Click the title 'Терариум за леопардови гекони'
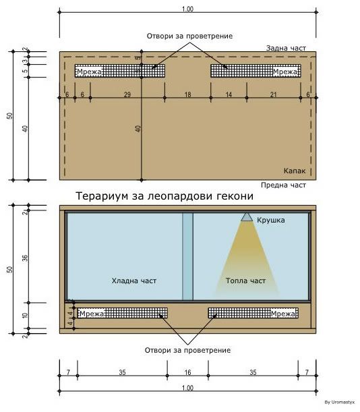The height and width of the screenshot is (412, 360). pyautogui.click(x=164, y=196)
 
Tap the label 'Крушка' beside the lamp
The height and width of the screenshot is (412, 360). pyautogui.click(x=270, y=220)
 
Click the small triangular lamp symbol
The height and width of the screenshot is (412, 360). pyautogui.click(x=247, y=217)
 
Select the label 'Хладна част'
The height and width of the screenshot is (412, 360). pyautogui.click(x=134, y=281)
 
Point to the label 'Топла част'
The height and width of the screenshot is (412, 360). pyautogui.click(x=245, y=281)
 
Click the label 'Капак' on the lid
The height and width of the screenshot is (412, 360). pyautogui.click(x=295, y=171)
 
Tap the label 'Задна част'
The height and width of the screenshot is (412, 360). pyautogui.click(x=286, y=48)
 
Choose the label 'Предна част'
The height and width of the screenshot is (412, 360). pyautogui.click(x=284, y=185)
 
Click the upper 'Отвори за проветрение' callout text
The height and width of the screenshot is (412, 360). pyautogui.click(x=189, y=36)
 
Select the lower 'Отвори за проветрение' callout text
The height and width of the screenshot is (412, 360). pyautogui.click(x=187, y=350)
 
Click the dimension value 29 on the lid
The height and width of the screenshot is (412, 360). pyautogui.click(x=127, y=94)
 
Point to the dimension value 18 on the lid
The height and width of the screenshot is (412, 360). pyautogui.click(x=187, y=94)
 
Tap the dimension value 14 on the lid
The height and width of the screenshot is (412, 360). pyautogui.click(x=229, y=94)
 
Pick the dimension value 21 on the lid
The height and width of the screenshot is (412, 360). pyautogui.click(x=274, y=94)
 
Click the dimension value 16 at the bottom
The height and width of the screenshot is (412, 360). pyautogui.click(x=187, y=372)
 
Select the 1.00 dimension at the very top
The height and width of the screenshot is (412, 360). pyautogui.click(x=187, y=9)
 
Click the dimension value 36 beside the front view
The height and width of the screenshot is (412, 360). pyautogui.click(x=25, y=258)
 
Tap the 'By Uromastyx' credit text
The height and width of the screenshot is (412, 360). pyautogui.click(x=340, y=402)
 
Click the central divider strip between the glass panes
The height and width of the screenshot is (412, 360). pyautogui.click(x=187, y=256)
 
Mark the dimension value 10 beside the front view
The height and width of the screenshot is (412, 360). pyautogui.click(x=25, y=316)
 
